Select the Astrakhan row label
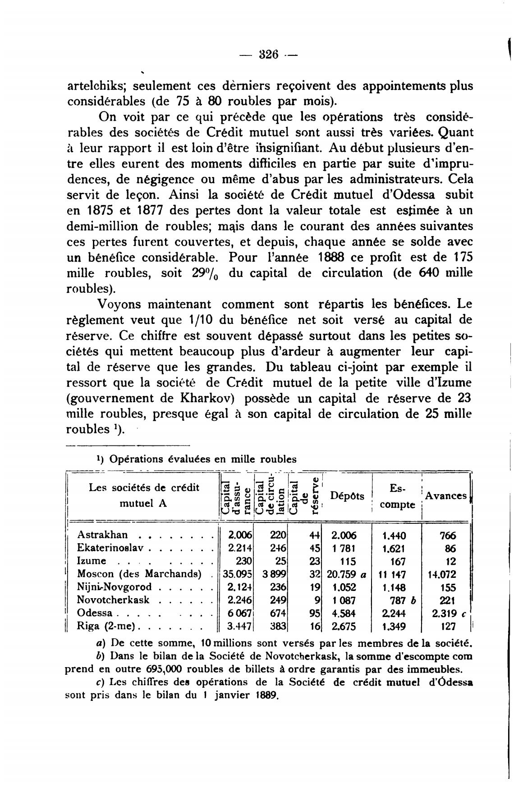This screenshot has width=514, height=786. pyautogui.click(x=102, y=535)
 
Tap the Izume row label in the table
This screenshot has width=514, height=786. pyautogui.click(x=92, y=561)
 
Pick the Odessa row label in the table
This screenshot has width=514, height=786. pyautogui.click(x=95, y=613)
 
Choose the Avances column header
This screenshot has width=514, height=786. pyautogui.click(x=446, y=496)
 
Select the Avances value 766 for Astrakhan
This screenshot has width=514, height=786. pyautogui.click(x=448, y=535)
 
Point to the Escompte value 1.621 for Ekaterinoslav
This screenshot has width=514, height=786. pyautogui.click(x=394, y=548)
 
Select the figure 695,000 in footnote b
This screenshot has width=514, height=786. pyautogui.click(x=164, y=668)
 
